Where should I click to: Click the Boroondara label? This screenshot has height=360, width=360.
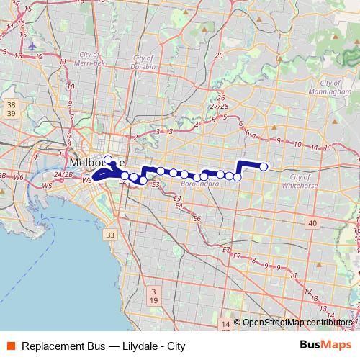(200, 183)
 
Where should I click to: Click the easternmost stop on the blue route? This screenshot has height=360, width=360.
(264, 167)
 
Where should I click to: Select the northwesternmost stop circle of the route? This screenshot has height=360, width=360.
(108, 160)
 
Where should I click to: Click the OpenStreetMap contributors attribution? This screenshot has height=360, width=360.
(297, 323)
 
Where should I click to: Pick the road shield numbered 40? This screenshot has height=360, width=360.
(312, 224)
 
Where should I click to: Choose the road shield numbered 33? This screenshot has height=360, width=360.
(109, 235)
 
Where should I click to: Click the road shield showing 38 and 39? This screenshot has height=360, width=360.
(10, 109)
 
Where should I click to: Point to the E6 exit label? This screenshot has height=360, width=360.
(197, 218)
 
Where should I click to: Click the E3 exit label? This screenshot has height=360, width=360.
(156, 184)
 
